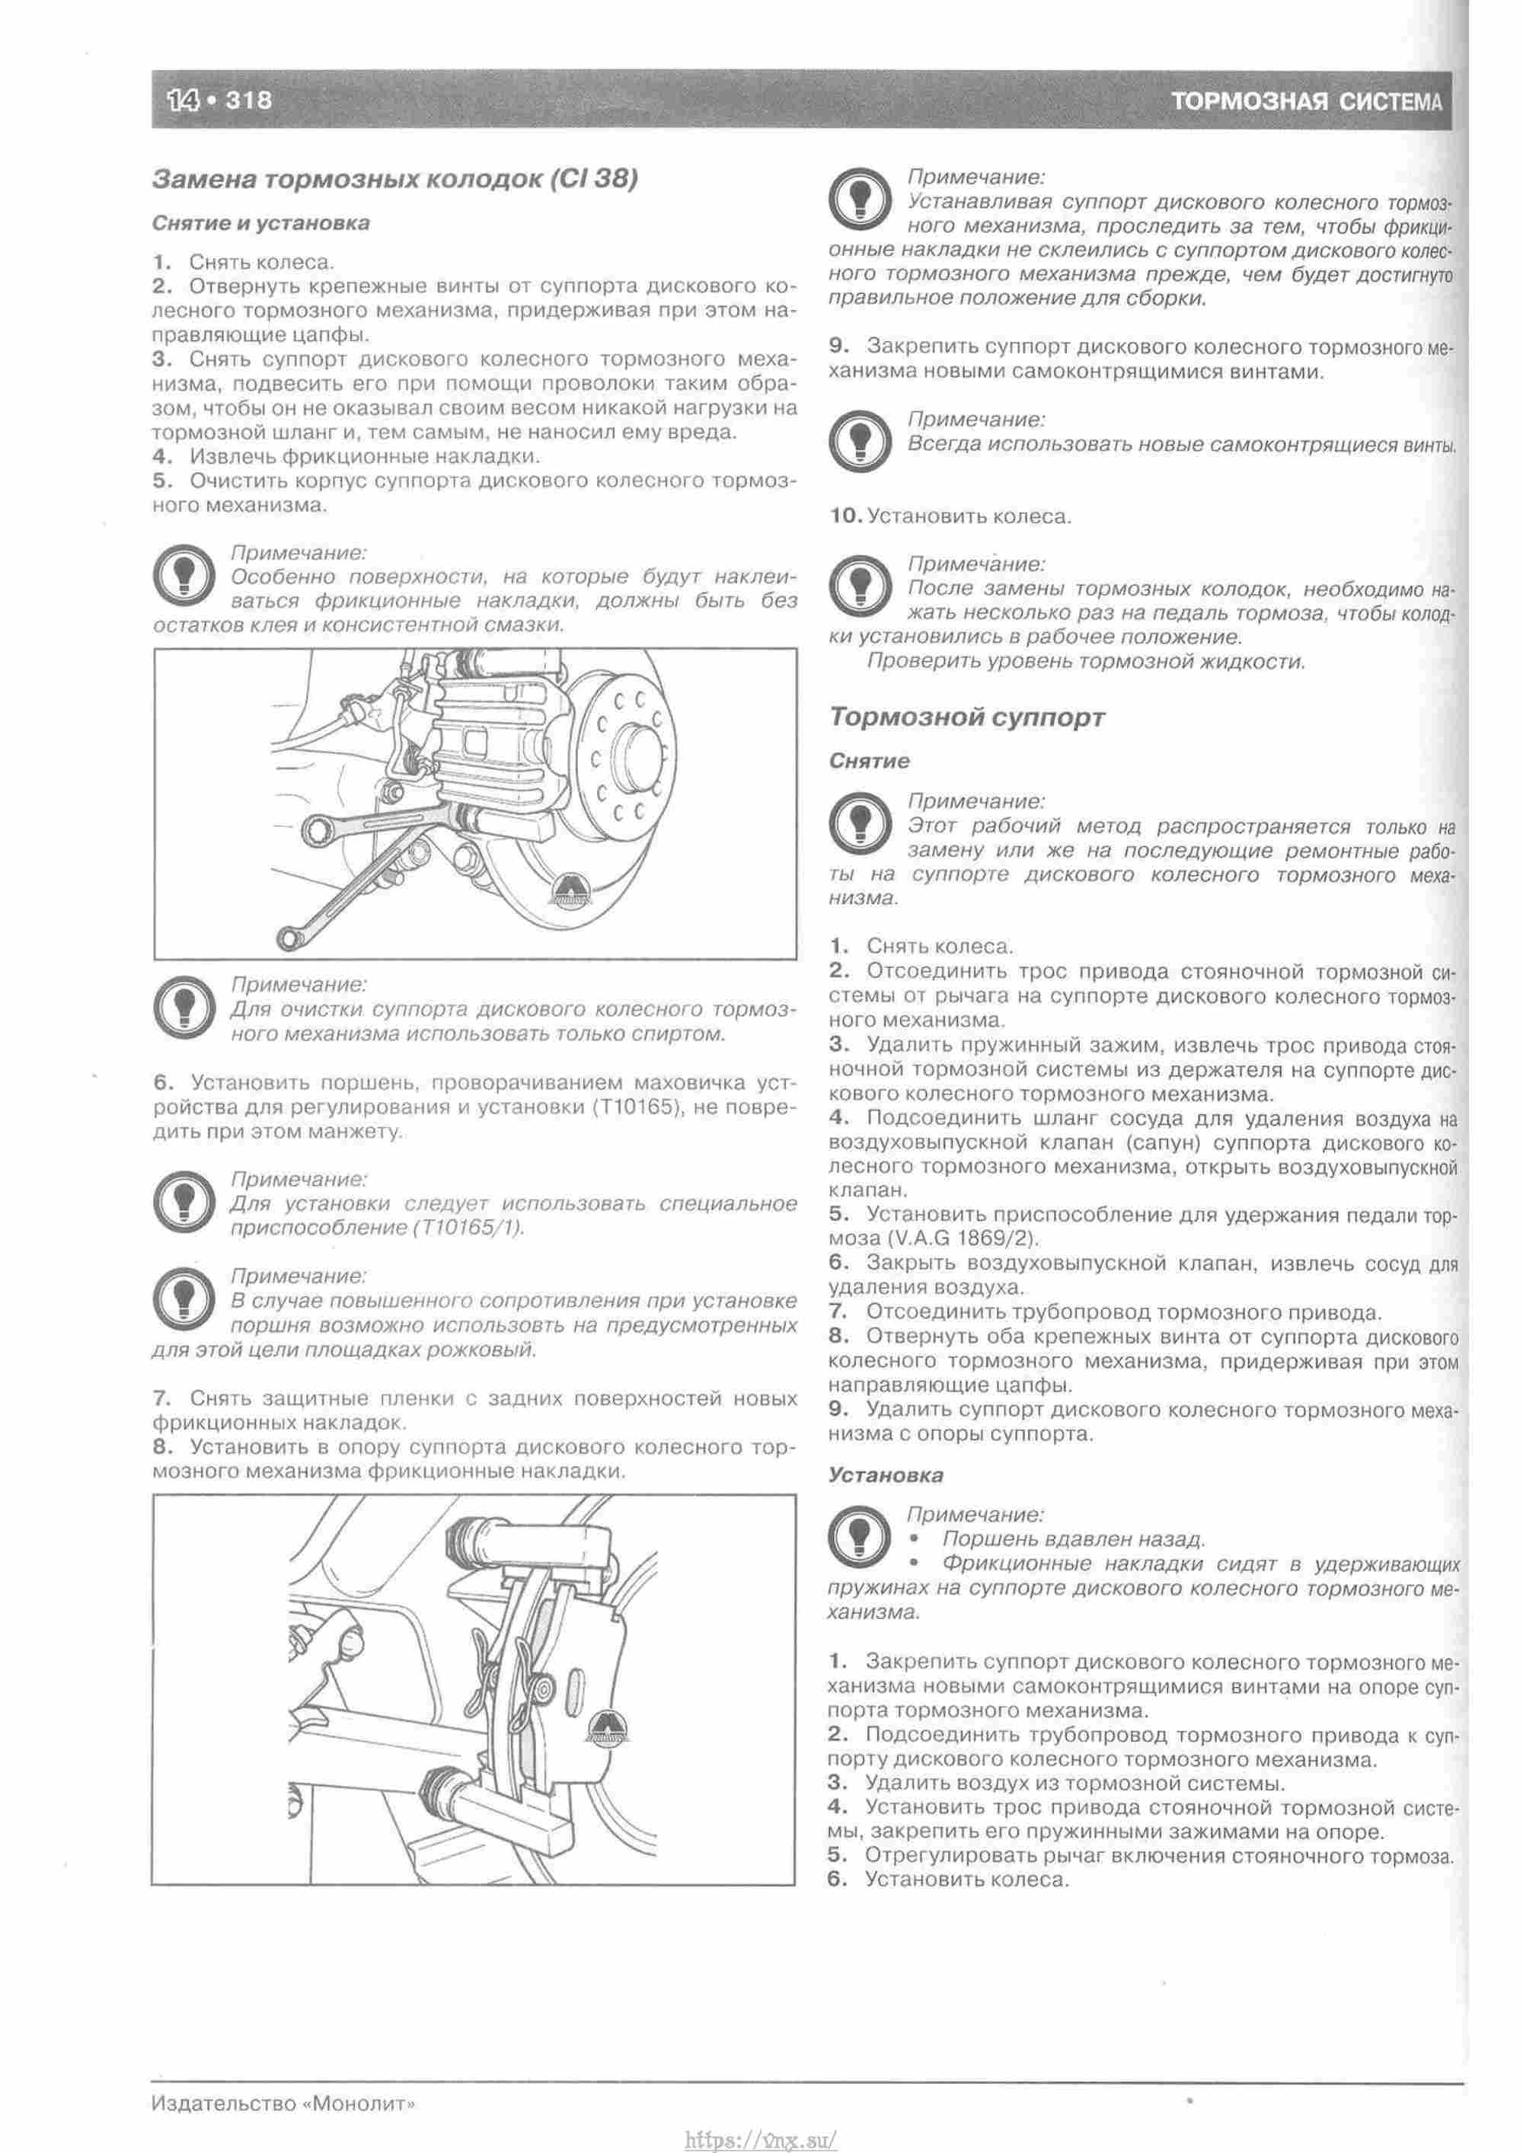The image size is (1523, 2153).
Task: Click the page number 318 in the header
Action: pyautogui.click(x=247, y=100)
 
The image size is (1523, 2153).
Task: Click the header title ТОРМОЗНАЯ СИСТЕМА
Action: pyautogui.click(x=1304, y=101)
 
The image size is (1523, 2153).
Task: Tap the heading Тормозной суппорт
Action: pyautogui.click(x=967, y=717)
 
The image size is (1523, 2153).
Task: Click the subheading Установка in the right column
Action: pyautogui.click(x=886, y=1475)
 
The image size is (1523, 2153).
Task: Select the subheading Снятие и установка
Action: pyautogui.click(x=260, y=223)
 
